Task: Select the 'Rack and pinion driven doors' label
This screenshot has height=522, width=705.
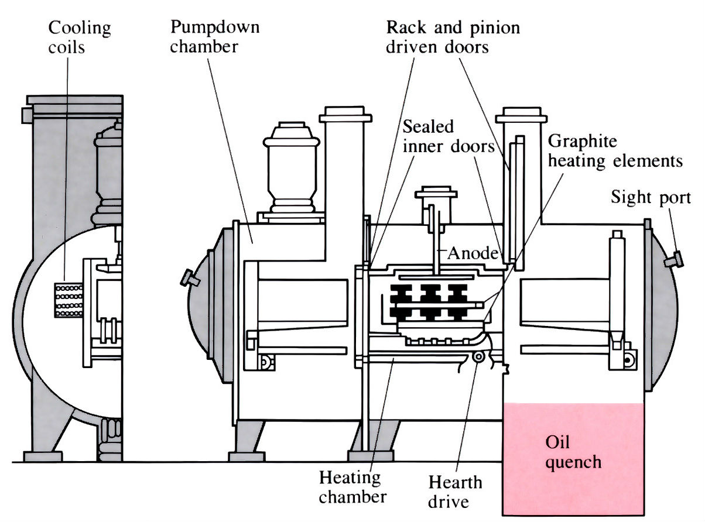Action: (453, 36)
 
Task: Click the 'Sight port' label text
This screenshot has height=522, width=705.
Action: (651, 197)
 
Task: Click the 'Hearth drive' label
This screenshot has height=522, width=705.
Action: (455, 492)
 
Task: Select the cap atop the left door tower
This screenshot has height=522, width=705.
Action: (345, 115)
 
